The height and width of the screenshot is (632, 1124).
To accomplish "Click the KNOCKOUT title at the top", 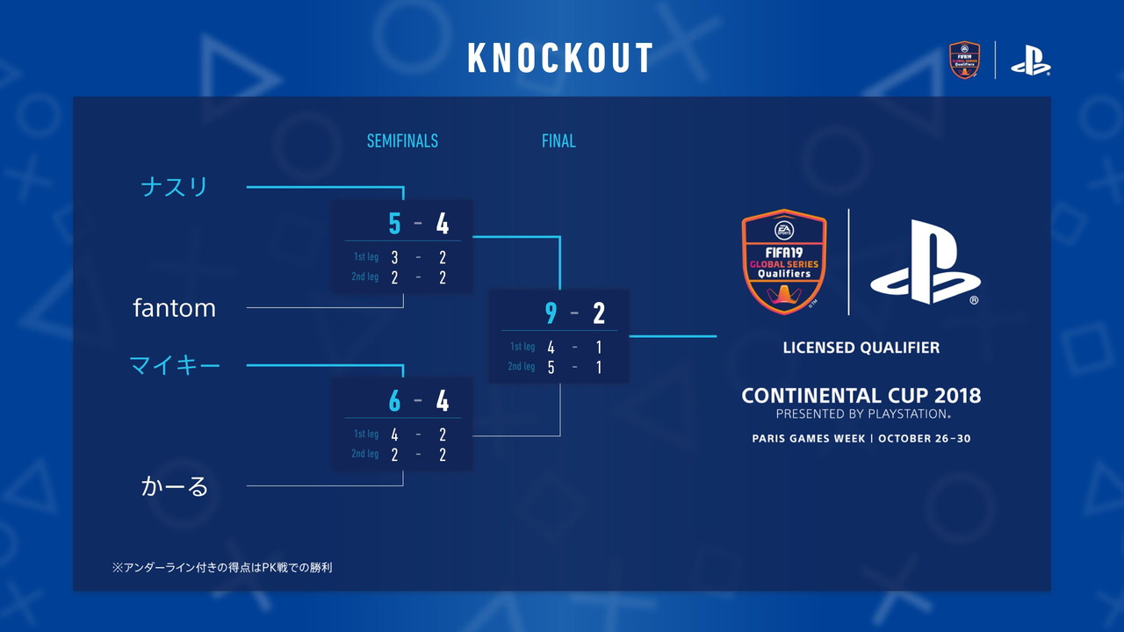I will [x=560, y=58].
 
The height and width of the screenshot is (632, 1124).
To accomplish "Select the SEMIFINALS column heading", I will [x=402, y=141].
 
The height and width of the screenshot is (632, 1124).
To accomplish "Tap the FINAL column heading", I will [x=558, y=141].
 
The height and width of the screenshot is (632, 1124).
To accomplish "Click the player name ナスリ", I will [x=175, y=187].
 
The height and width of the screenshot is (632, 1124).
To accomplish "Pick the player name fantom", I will [x=174, y=308].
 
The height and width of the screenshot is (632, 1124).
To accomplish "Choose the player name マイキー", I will [x=175, y=365].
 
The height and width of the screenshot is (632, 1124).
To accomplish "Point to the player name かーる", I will [x=175, y=486].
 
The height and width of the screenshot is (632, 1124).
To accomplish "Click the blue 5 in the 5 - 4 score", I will [x=395, y=224].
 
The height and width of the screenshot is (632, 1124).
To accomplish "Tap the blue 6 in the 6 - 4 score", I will [x=395, y=401].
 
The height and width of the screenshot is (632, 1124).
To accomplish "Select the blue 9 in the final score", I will [x=551, y=313].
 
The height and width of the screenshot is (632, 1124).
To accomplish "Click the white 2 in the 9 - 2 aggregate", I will [x=599, y=313].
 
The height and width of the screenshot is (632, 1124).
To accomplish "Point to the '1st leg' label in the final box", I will [x=522, y=347].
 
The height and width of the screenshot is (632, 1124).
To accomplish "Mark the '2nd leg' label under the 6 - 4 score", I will [x=364, y=454].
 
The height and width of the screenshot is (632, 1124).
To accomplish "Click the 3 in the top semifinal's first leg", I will [x=395, y=257].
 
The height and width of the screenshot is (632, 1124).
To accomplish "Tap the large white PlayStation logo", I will [x=926, y=262].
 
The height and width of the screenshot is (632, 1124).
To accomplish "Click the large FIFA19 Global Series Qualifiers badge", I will [x=784, y=261].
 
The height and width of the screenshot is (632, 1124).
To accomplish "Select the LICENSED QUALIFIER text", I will [x=861, y=348].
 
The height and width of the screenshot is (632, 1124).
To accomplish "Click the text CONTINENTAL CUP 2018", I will [x=861, y=396].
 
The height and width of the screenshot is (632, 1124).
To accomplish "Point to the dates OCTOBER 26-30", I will [x=924, y=438].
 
